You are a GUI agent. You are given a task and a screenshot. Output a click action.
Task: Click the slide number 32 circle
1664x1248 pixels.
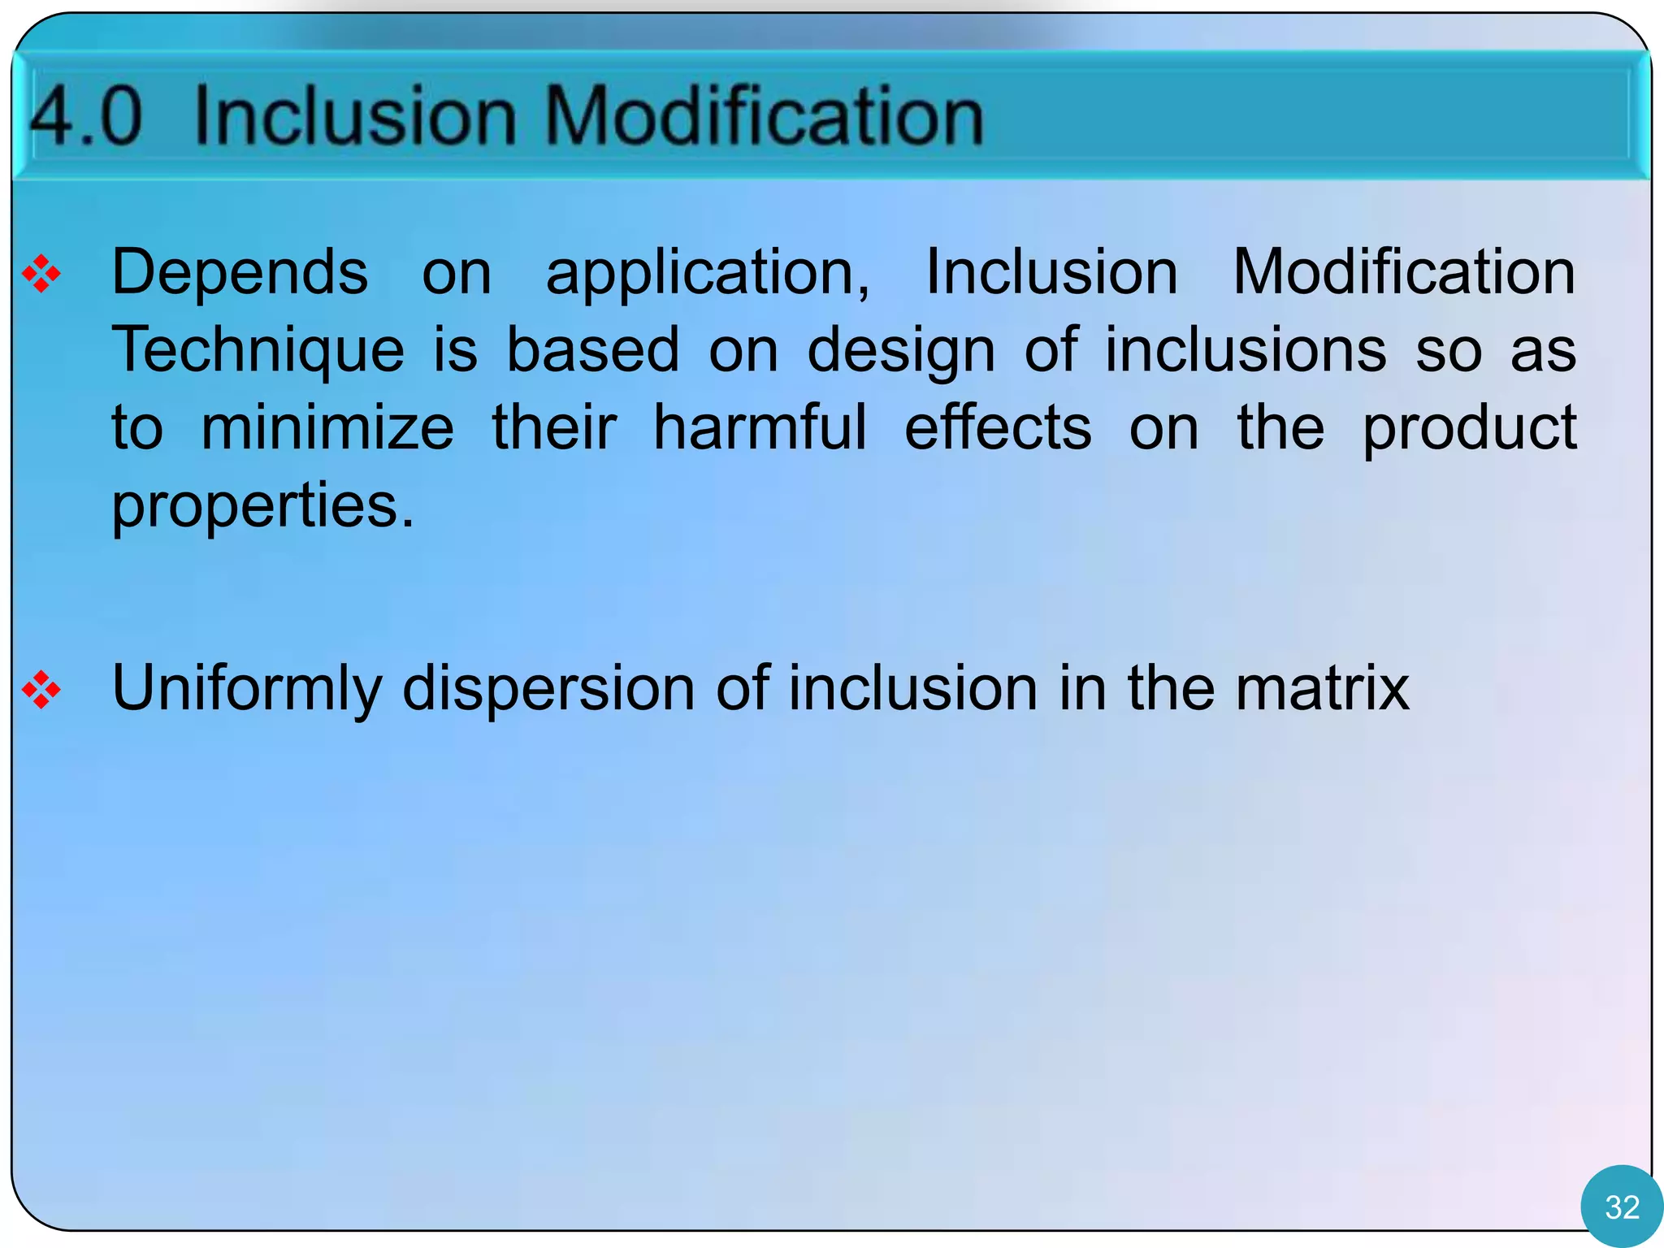[1621, 1207]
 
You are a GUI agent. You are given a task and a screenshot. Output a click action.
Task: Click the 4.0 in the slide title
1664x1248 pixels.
[85, 116]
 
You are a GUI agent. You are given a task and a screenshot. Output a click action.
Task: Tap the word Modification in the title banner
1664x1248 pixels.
[763, 116]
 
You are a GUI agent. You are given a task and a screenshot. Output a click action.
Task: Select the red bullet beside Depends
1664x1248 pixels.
[41, 274]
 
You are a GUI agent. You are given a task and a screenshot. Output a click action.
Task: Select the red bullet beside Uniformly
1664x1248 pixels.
[41, 691]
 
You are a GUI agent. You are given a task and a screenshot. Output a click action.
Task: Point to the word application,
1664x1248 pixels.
[708, 274]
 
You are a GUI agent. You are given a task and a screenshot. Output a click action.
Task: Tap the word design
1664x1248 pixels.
[900, 351]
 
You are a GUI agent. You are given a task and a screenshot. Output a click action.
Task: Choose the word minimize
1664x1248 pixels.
[327, 428]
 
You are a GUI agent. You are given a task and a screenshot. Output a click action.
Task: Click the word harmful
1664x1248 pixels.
[760, 428]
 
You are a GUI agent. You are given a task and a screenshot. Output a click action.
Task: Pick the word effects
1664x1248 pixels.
[998, 428]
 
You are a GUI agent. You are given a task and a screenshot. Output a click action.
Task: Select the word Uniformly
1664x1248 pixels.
[246, 689]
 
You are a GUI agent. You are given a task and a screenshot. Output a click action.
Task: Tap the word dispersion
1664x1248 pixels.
[548, 689]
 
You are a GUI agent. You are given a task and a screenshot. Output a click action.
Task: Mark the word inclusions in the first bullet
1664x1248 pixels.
[1246, 351]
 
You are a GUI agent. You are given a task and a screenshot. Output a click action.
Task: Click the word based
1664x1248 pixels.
[593, 351]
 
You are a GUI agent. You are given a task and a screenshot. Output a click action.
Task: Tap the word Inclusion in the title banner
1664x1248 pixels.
[355, 116]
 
